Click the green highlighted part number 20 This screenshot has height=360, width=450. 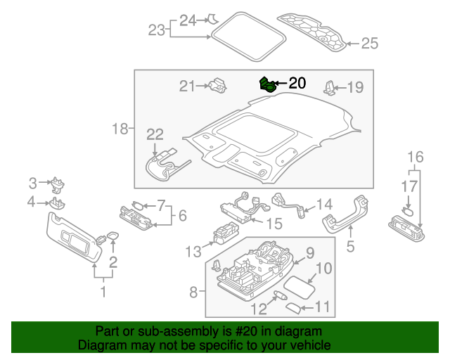click(x=267, y=85)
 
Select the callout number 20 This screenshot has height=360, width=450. click(x=297, y=83)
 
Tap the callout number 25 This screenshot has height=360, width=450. click(x=369, y=44)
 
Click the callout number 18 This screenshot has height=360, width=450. click(x=120, y=129)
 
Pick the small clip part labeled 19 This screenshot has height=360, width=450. click(x=330, y=88)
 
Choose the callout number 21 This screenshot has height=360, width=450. click(x=186, y=86)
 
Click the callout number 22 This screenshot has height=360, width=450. click(x=155, y=134)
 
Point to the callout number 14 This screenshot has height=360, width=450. click(x=324, y=204)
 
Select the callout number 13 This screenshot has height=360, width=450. click(x=193, y=251)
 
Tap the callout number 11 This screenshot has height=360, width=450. click(x=322, y=307)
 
